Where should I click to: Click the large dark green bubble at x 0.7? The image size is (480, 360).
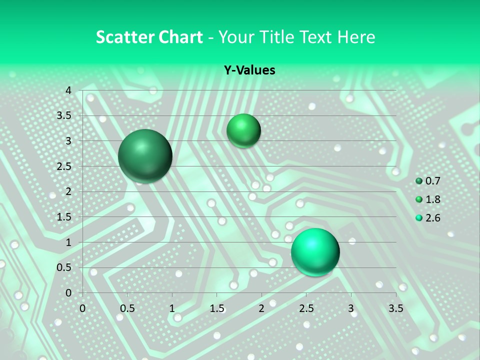145,156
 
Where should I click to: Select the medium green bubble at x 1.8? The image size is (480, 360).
243,130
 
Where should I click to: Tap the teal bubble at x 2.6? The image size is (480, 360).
315,252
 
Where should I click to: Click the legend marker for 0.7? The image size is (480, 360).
419,181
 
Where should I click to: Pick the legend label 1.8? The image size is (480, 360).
433,199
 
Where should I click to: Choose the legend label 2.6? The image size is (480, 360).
433,218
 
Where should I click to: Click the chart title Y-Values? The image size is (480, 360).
249,70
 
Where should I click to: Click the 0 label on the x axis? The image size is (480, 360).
83,308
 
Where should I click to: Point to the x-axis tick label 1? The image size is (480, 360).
172,308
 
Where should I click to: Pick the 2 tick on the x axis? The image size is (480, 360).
261,308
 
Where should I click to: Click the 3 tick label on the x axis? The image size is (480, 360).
351,308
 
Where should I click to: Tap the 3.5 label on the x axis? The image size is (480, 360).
395,308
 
